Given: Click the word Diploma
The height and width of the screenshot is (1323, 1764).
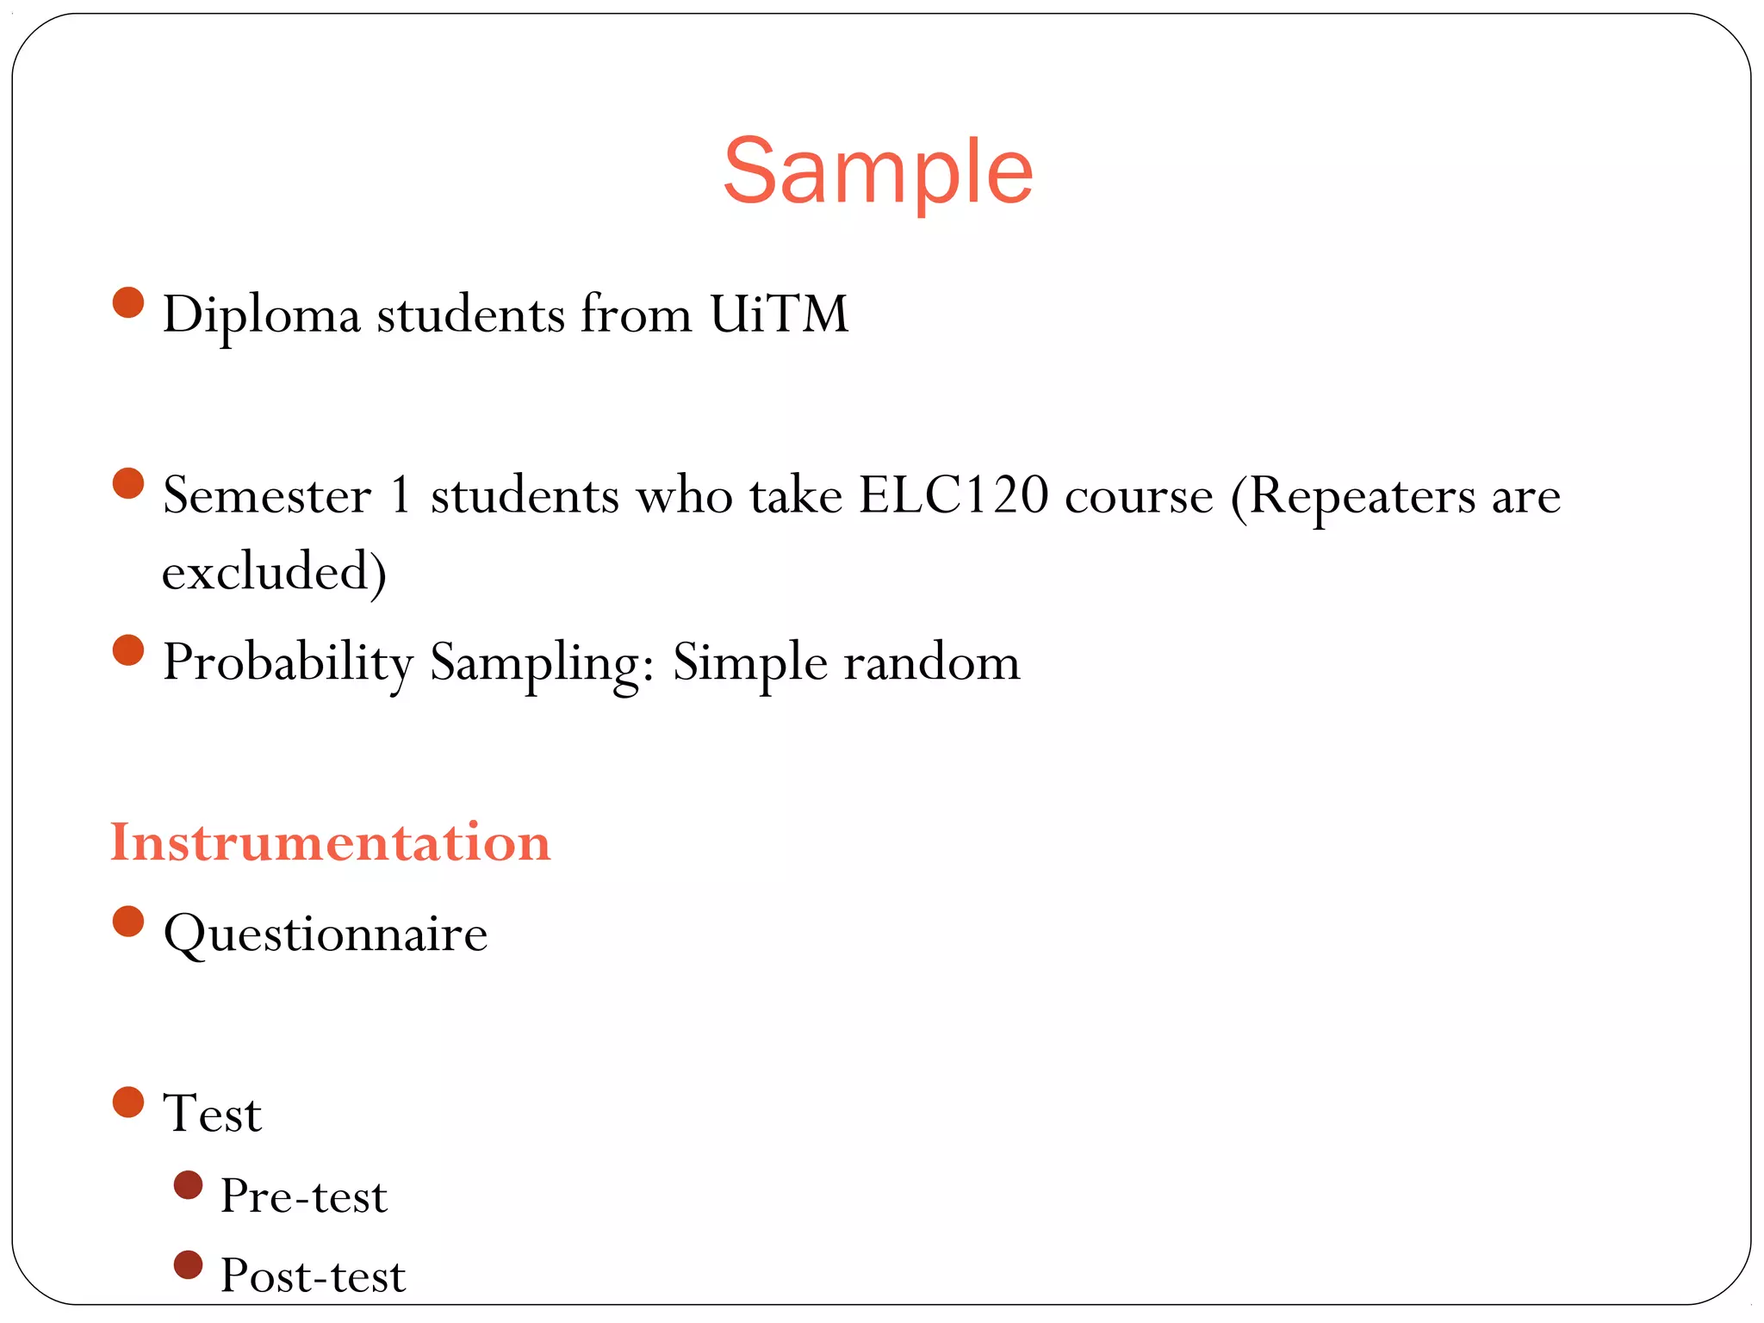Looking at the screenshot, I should click(x=261, y=315).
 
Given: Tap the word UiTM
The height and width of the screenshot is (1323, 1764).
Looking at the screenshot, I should click(x=779, y=314).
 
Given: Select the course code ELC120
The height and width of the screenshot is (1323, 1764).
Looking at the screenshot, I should click(x=953, y=496).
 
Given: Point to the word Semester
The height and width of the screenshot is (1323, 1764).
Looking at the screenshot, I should click(x=267, y=496).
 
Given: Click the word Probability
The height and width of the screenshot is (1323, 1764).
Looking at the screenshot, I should click(x=288, y=663).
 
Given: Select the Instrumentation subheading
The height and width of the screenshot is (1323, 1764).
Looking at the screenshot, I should click(x=330, y=842).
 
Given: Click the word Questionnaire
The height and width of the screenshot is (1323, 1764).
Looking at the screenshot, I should click(x=326, y=935).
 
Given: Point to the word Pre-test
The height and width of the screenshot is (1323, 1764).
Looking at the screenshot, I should click(x=303, y=1196).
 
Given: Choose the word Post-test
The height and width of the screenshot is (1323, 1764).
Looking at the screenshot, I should click(x=313, y=1276).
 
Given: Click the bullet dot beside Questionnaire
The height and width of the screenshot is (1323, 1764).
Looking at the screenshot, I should click(x=128, y=921).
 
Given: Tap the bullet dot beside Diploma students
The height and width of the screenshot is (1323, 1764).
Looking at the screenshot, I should click(x=128, y=302).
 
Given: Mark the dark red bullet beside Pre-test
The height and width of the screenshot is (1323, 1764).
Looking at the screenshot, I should click(x=188, y=1185).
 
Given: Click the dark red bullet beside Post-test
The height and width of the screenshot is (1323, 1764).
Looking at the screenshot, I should click(x=188, y=1264).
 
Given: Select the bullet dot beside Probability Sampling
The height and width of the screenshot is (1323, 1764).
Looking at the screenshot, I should click(x=128, y=650).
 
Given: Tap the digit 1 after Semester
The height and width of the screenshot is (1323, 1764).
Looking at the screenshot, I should click(x=401, y=496).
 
